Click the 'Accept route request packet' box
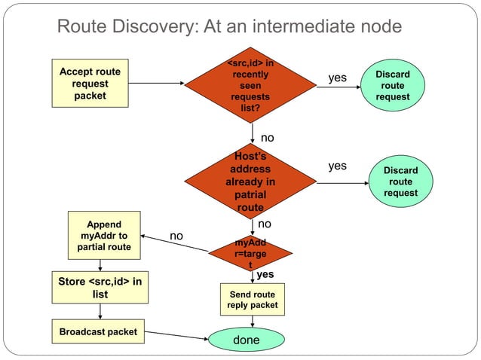click(x=90, y=84)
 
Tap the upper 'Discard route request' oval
click(x=392, y=86)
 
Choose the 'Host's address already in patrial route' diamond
click(x=250, y=182)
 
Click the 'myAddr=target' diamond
click(x=250, y=255)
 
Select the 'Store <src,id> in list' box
click(x=100, y=288)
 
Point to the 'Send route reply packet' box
click(x=252, y=299)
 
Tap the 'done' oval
click(x=246, y=340)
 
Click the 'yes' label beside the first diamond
click(x=337, y=78)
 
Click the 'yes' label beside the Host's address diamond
click(x=337, y=166)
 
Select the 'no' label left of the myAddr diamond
click(x=176, y=236)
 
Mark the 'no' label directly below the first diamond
click(x=268, y=138)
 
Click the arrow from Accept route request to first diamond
click(x=156, y=84)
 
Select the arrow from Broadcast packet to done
click(x=178, y=336)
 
